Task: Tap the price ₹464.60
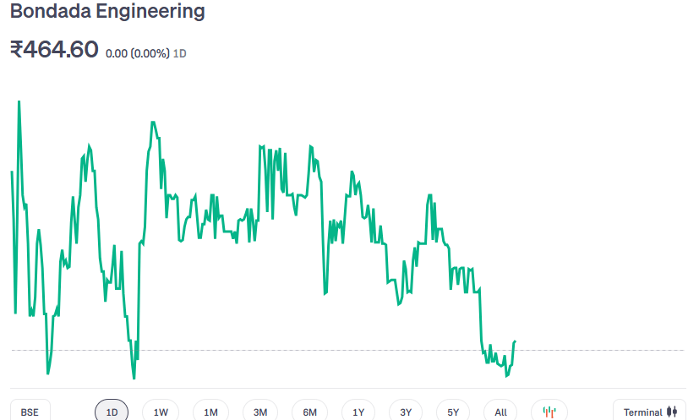[54, 50]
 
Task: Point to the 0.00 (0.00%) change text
[137, 53]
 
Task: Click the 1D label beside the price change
[180, 53]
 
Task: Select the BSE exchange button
[30, 412]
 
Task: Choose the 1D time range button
[112, 412]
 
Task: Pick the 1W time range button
[161, 412]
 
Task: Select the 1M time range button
[210, 412]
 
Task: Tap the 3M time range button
[260, 412]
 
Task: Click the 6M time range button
[309, 412]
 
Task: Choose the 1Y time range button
[358, 412]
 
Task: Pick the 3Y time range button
[406, 412]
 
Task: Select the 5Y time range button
[453, 412]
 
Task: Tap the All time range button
[500, 412]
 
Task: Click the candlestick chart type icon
[549, 412]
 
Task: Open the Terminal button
[649, 412]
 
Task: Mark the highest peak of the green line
[19, 101]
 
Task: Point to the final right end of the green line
[515, 341]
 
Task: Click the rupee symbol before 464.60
[16, 50]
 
